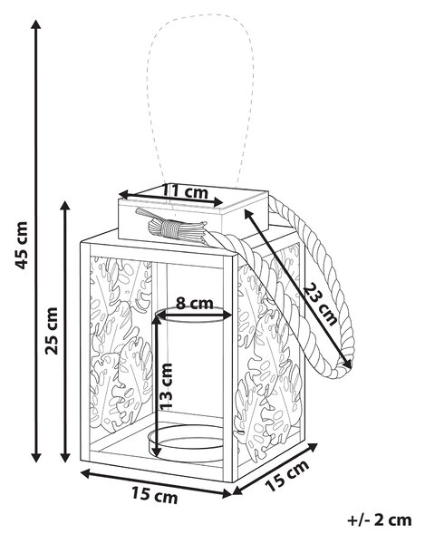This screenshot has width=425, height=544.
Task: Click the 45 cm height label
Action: (x=21, y=245)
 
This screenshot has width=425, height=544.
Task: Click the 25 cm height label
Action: (x=52, y=330)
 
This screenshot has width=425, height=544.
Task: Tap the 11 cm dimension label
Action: (x=185, y=191)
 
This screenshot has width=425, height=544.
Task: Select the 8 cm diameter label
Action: (x=194, y=304)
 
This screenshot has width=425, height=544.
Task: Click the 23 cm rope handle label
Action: (x=320, y=304)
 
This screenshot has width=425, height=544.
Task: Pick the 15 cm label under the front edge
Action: (x=154, y=495)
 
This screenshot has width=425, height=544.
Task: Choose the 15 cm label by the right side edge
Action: (x=287, y=475)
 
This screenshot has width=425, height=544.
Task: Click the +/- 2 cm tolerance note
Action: (x=380, y=520)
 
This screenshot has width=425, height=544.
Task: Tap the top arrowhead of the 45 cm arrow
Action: (x=36, y=24)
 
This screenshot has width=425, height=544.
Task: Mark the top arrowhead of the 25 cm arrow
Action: (x=65, y=206)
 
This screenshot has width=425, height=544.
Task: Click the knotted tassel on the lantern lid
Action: (x=171, y=228)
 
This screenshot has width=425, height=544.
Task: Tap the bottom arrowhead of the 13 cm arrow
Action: (x=157, y=452)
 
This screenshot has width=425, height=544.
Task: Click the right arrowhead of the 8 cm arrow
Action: (x=227, y=316)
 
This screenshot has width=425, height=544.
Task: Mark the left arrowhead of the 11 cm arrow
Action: (x=124, y=194)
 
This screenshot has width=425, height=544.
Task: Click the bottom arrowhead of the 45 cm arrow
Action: (x=36, y=458)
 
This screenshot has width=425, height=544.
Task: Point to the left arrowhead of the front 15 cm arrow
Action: (x=85, y=473)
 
